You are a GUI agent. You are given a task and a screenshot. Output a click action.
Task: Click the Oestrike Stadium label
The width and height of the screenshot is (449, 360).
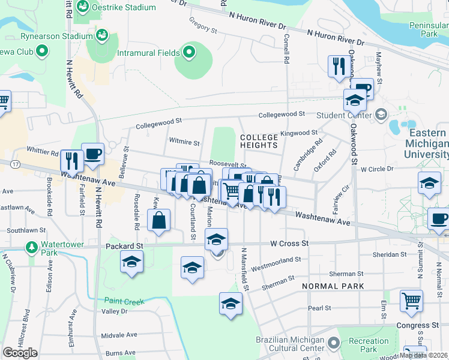127,8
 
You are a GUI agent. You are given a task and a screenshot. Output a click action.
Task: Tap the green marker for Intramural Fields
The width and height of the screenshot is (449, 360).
189,53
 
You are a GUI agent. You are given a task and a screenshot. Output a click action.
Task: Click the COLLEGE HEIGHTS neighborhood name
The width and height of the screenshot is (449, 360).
259,141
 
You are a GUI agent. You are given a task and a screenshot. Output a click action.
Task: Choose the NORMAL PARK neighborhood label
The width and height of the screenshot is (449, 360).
333,286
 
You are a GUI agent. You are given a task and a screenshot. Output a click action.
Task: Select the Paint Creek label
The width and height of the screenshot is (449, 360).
124,301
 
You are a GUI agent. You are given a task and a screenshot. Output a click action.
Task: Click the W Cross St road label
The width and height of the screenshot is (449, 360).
289,244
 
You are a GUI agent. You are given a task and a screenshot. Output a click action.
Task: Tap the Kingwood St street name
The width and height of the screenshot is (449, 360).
298,132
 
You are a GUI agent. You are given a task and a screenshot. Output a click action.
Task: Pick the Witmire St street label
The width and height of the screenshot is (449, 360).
184,143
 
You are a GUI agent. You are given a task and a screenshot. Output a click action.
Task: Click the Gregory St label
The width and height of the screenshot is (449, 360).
202,25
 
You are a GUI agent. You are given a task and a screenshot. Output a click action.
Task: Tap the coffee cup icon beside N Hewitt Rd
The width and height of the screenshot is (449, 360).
92,154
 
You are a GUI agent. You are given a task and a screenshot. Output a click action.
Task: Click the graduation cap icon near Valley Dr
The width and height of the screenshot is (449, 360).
231,304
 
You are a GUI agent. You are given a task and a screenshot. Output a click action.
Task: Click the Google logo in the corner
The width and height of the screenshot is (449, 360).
20,353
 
